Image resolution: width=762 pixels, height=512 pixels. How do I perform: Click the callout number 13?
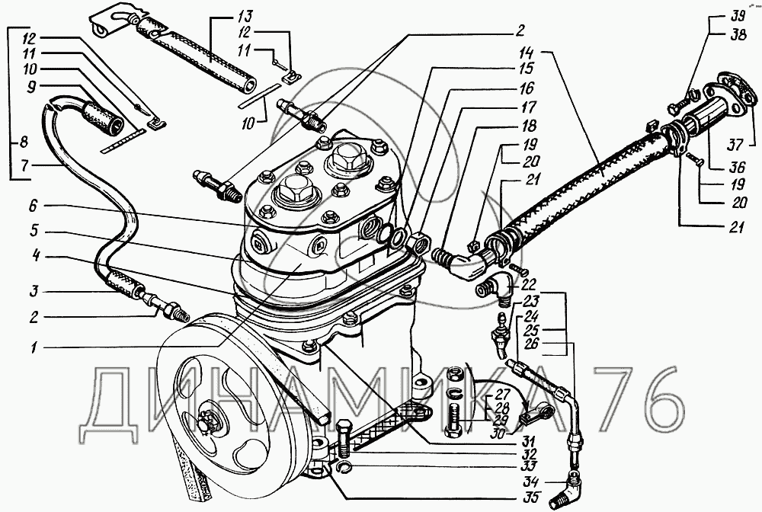point(245,17)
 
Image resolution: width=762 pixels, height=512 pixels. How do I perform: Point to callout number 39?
point(738,16)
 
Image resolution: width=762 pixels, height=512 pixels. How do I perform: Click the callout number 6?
point(33,206)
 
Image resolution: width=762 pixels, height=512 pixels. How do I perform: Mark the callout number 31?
point(528,442)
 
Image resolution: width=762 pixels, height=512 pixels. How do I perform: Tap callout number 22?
point(529,284)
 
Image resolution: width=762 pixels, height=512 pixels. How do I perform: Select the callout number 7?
point(25,165)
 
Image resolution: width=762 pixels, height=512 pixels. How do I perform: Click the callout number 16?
point(527,88)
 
